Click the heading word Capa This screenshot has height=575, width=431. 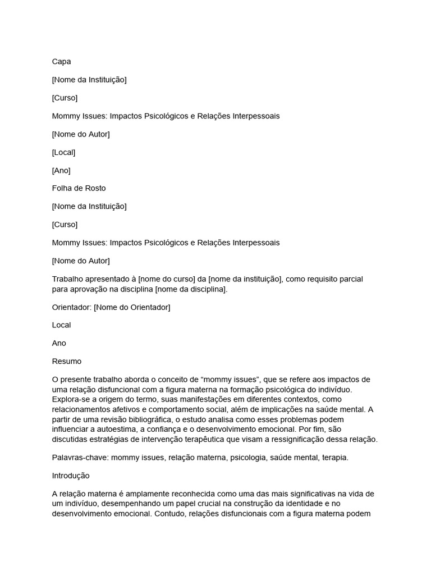pos(62,62)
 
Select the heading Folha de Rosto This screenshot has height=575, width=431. pos(79,188)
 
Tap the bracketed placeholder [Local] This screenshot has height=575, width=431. pos(63,152)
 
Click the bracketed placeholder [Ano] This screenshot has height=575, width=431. pos(61,170)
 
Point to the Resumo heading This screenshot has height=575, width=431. pos(67,361)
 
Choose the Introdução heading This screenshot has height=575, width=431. pos(71,476)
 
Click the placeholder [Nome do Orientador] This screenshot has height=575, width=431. pos(132,307)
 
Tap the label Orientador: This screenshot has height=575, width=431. pos(72,307)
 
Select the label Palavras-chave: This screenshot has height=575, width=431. pos(80,458)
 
